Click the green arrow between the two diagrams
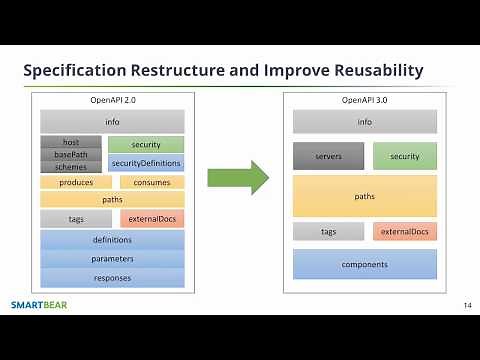[237, 179]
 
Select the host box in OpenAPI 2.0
[70, 142]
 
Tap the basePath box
[70, 154]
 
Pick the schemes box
[70, 166]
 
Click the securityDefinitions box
[146, 163]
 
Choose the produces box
[76, 182]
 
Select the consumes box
[152, 182]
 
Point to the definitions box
[112, 240]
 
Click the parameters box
[112, 259]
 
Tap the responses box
[112, 278]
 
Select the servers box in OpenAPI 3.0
[328, 156]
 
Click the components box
[365, 264]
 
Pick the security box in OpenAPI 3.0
[405, 156]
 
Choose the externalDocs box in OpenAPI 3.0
[405, 232]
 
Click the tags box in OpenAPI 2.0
[76, 218]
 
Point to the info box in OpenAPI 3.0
[365, 122]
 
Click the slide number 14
[467, 304]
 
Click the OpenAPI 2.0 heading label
[112, 101]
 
